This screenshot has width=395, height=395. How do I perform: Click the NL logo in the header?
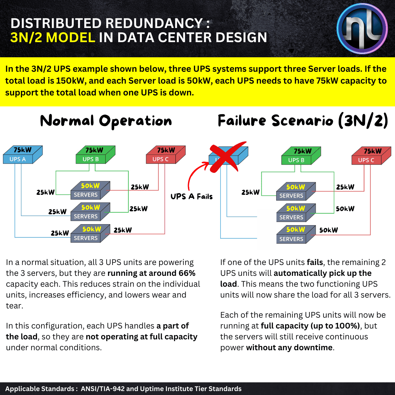(x=362, y=29)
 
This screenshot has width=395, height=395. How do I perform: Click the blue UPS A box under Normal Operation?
(x=22, y=155)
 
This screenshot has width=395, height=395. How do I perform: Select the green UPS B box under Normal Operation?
(x=95, y=155)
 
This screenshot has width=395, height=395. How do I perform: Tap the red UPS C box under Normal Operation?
(x=166, y=155)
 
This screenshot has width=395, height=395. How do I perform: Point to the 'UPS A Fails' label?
(x=192, y=197)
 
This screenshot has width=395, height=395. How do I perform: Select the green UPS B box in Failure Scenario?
(x=301, y=156)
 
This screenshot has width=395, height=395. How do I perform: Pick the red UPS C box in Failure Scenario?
(x=371, y=156)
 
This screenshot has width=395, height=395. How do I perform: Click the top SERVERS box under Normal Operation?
(x=90, y=191)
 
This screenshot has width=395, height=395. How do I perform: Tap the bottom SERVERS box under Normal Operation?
(x=90, y=234)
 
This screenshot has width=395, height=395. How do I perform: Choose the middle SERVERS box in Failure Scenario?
(x=296, y=213)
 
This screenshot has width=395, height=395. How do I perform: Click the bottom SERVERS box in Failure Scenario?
(x=296, y=234)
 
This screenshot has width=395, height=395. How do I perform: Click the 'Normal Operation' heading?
(x=106, y=121)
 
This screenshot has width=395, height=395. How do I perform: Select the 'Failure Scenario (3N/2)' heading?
(x=303, y=121)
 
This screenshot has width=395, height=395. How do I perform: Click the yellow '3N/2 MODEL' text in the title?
(x=53, y=38)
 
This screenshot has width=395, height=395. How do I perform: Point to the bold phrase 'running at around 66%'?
(x=151, y=273)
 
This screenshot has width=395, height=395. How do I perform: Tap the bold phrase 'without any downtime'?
(x=289, y=348)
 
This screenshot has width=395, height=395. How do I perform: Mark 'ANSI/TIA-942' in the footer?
(x=103, y=389)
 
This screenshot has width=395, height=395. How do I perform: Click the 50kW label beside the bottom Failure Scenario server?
(x=329, y=230)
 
